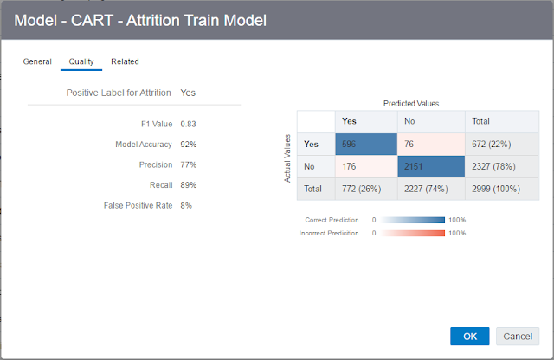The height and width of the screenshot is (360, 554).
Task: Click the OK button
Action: tap(469, 336)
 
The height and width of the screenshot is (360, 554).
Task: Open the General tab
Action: tap(37, 61)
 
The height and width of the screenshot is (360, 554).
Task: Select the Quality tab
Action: tap(81, 61)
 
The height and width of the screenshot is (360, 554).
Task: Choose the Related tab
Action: tap(125, 61)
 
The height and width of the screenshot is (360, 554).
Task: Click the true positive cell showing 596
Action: tap(366, 145)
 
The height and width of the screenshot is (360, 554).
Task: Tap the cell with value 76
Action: tap(431, 145)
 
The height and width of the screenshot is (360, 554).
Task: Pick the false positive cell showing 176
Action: tap(366, 166)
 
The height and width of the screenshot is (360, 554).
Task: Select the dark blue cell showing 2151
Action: tap(431, 166)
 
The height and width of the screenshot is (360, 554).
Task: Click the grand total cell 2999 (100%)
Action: tap(502, 189)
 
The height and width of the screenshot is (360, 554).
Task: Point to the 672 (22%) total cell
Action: tap(502, 145)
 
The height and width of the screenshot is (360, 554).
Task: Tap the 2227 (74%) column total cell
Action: tap(431, 189)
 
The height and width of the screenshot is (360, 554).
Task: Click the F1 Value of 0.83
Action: tap(188, 124)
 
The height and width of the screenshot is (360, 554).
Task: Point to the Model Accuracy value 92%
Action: tap(189, 145)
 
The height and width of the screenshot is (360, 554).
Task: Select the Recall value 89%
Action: tap(189, 185)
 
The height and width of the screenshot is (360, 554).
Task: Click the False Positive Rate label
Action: tap(138, 206)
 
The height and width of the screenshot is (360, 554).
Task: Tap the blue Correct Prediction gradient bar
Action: tap(412, 220)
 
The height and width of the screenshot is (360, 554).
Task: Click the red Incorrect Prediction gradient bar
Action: tap(412, 233)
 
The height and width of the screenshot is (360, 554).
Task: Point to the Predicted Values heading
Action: tap(411, 104)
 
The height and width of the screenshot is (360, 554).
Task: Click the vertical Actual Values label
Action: tap(287, 158)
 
